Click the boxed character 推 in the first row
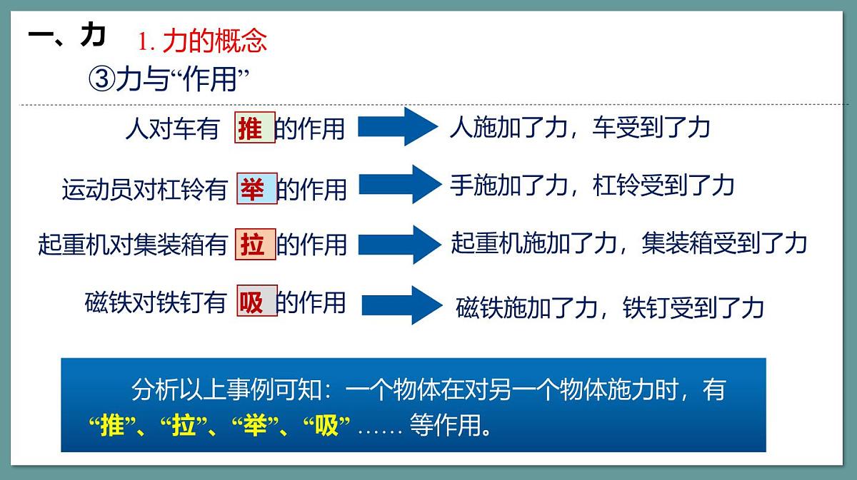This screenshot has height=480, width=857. pos(255,128)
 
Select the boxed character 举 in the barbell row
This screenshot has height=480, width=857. pos(256,188)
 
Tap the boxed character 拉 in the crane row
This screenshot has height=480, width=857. pos(255,245)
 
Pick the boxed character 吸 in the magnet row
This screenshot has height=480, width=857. pos(256,302)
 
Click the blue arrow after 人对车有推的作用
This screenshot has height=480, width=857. pos(396,128)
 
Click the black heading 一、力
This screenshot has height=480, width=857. pos(67,35)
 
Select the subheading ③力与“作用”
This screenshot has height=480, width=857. pos(171,78)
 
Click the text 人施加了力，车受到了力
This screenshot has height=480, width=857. pos(579,128)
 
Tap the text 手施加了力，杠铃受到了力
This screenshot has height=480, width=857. pos(592,185)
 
